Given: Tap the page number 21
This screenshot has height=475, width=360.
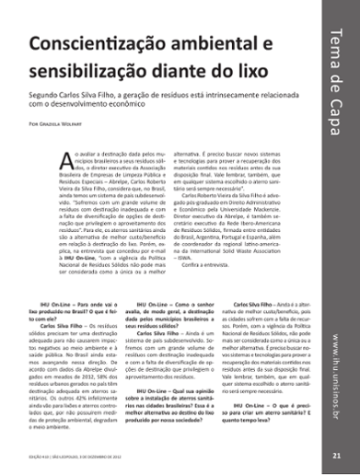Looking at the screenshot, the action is click(338, 455).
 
